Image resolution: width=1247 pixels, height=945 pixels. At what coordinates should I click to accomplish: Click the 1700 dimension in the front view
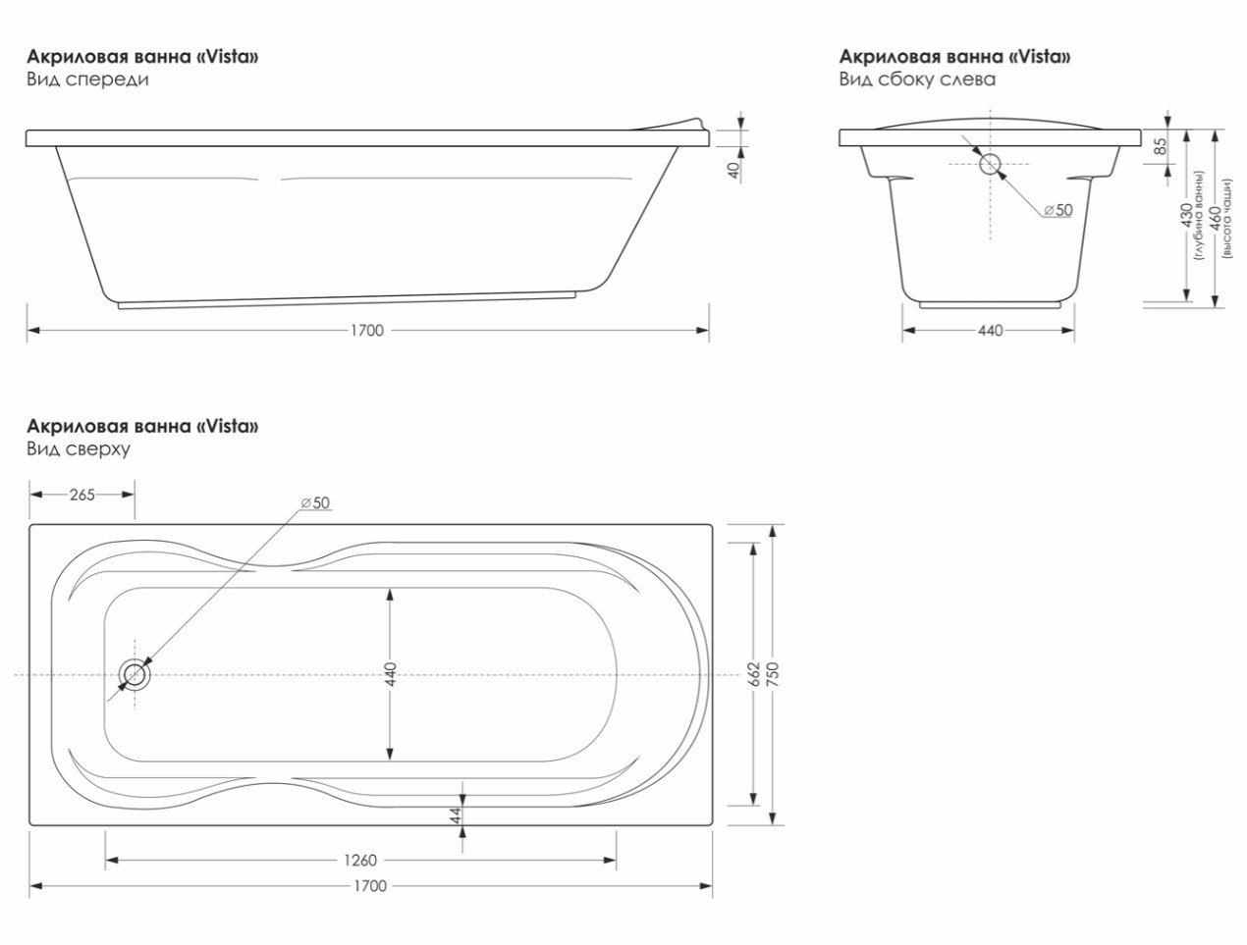click(x=367, y=331)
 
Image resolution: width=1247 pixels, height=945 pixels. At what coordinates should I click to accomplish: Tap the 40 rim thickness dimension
click(x=734, y=171)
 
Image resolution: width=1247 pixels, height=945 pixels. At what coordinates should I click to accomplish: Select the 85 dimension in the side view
click(x=1161, y=146)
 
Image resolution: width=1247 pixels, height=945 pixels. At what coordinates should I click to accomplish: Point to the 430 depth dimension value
click(x=1186, y=215)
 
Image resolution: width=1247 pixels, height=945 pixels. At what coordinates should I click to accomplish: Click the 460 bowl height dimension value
click(x=1216, y=220)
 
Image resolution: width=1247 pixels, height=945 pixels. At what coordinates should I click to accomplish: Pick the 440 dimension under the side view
click(x=990, y=331)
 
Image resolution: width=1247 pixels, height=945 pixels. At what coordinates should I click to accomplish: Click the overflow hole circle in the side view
click(x=990, y=164)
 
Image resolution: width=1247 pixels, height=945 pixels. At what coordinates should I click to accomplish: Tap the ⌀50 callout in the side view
click(x=1058, y=210)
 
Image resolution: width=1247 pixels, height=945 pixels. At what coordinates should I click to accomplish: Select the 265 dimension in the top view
click(x=82, y=495)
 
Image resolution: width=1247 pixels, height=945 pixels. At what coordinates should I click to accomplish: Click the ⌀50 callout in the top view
click(x=315, y=502)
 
